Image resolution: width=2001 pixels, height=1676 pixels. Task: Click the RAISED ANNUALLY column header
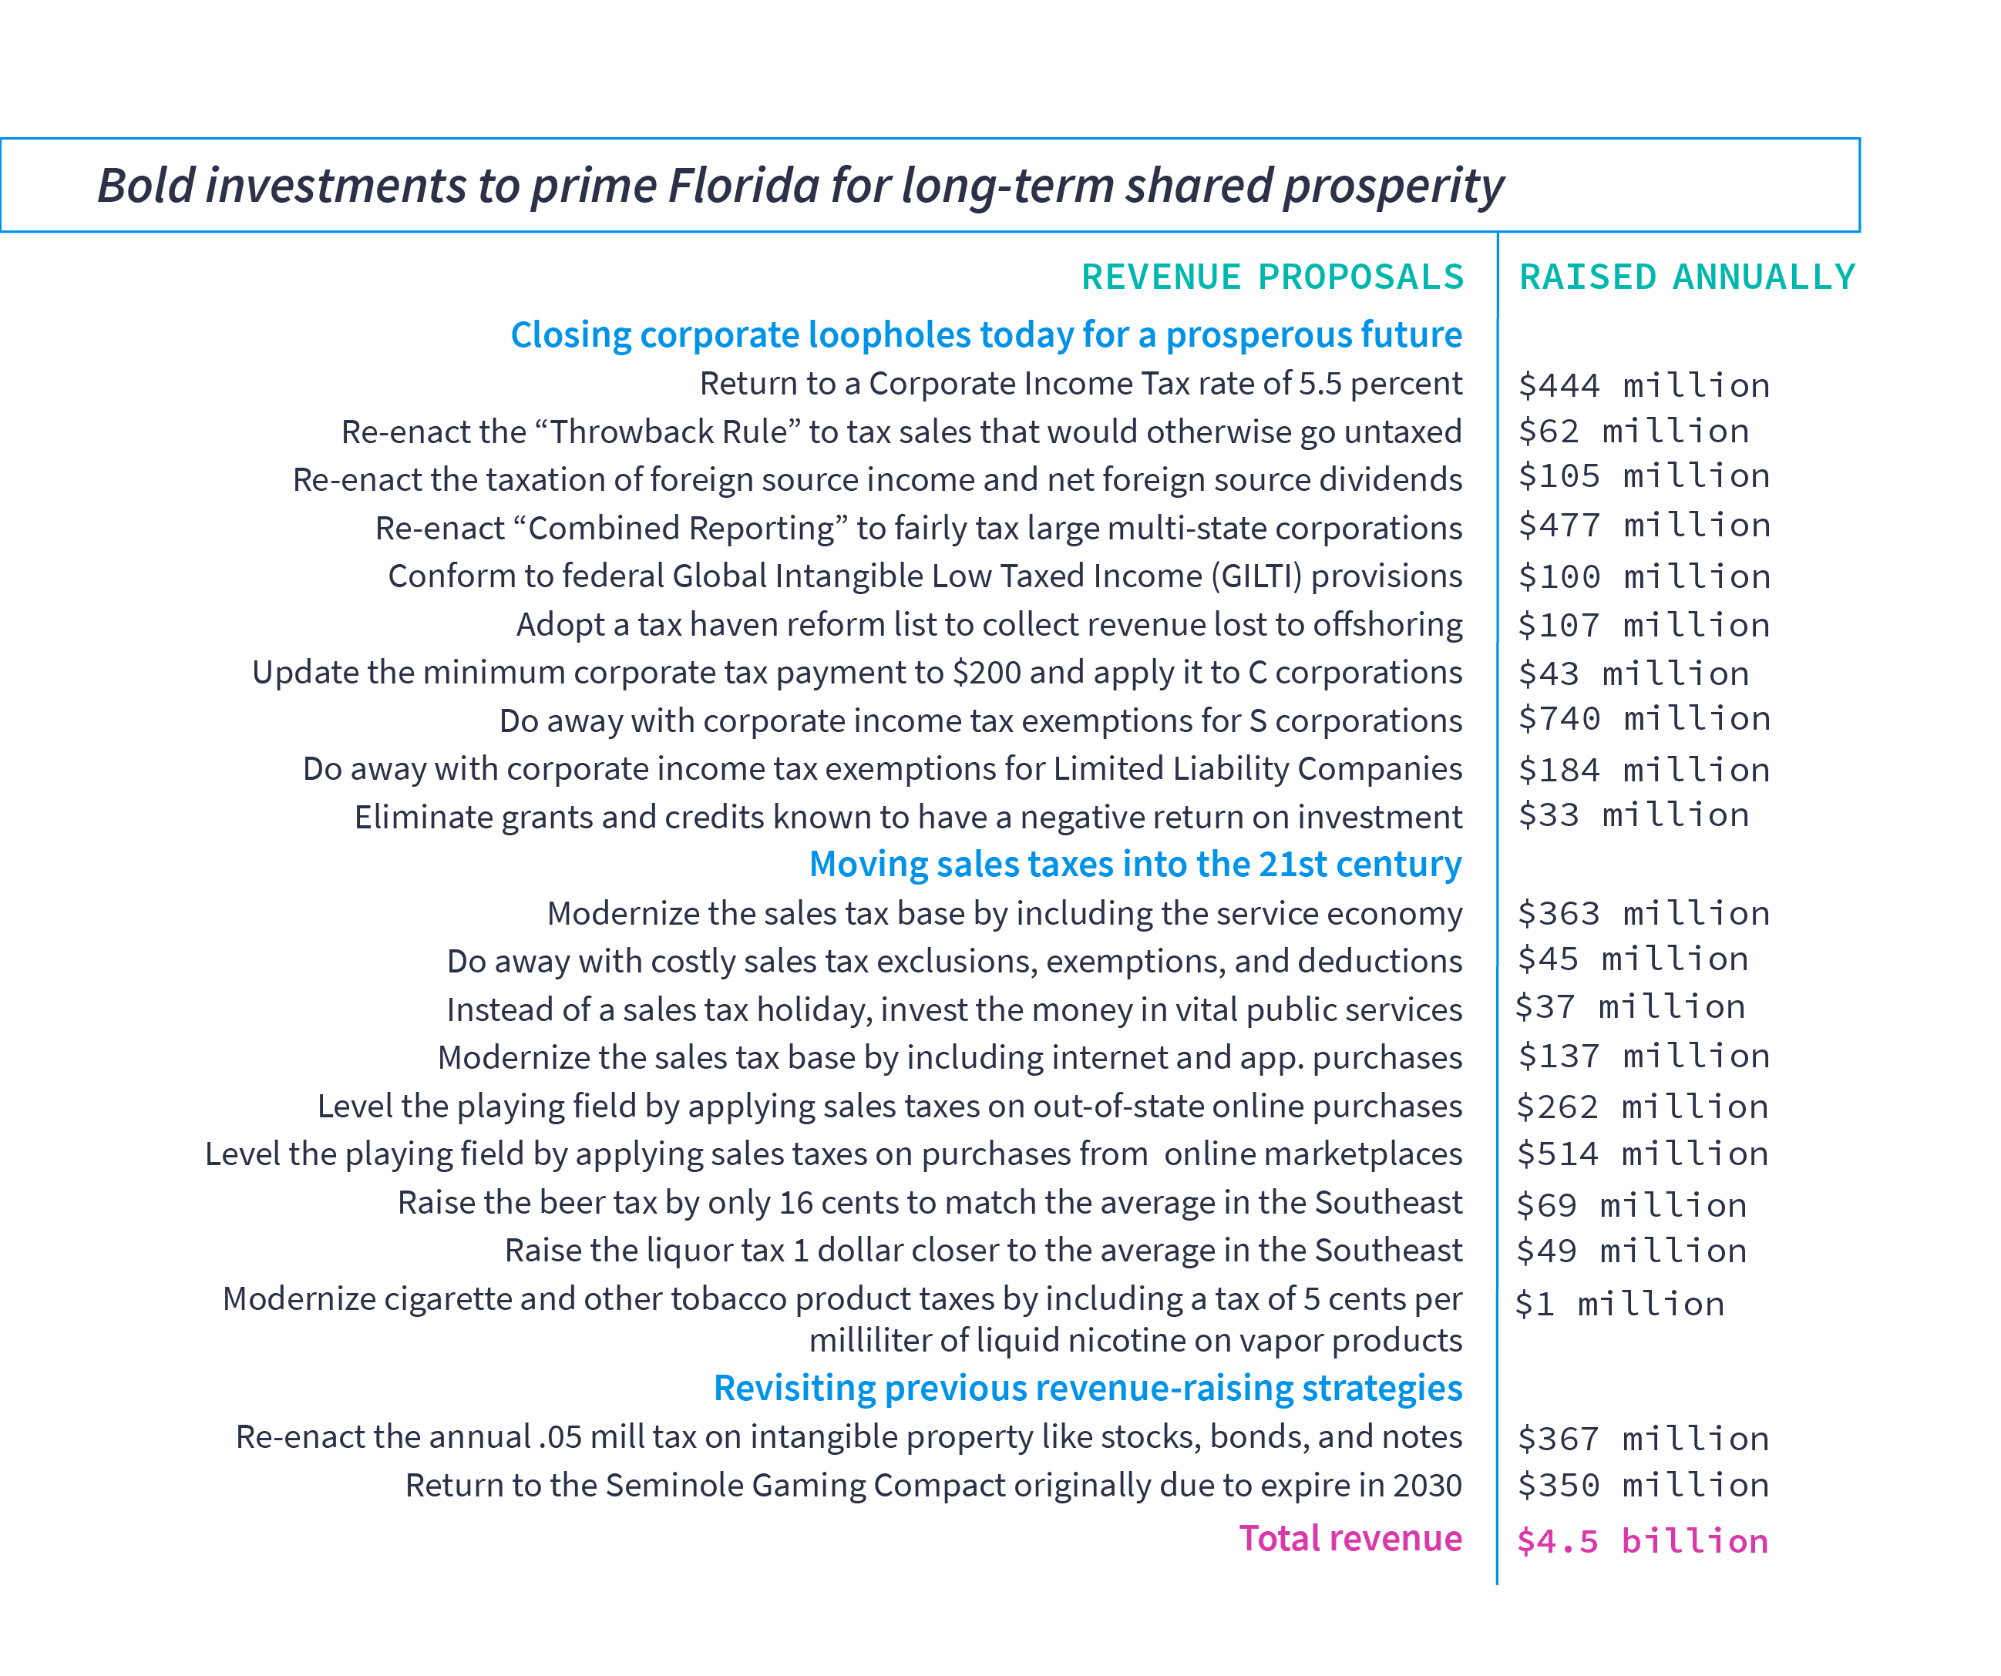(1687, 277)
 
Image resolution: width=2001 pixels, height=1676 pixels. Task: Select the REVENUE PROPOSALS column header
(1272, 277)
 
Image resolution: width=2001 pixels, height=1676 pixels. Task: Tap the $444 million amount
(1643, 386)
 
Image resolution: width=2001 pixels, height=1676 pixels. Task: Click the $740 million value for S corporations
(1643, 718)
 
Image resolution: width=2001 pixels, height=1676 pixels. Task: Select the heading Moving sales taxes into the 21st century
(1134, 865)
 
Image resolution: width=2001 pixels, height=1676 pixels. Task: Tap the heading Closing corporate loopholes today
(985, 335)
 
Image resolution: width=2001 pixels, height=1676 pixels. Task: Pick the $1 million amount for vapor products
(1620, 1305)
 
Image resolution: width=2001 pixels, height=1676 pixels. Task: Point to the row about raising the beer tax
(929, 1202)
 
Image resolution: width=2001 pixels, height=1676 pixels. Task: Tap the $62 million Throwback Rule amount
(1633, 432)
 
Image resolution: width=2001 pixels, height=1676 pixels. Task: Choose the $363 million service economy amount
(1643, 914)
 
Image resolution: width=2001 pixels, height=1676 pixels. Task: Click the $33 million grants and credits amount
(1633, 815)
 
